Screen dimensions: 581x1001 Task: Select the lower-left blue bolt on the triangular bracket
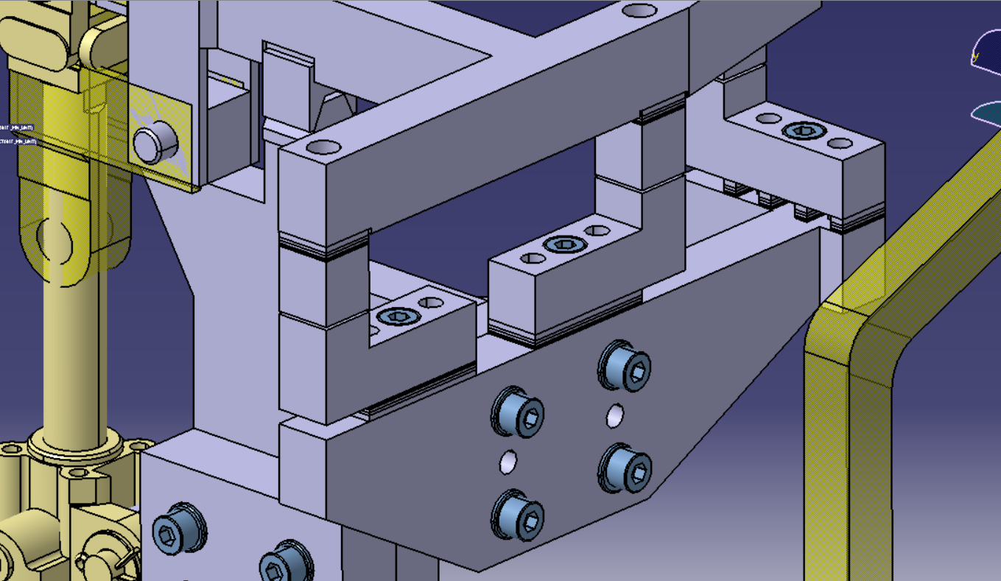point(519,516)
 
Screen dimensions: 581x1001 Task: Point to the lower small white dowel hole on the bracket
point(507,462)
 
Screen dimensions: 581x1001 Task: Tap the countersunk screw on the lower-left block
point(398,317)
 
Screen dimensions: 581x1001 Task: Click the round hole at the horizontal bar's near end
point(321,147)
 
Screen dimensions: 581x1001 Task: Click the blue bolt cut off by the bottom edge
point(286,565)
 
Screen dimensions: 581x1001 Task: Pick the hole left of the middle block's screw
point(532,258)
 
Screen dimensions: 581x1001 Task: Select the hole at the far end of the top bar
point(639,11)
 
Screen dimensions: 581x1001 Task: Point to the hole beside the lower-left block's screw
point(430,302)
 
